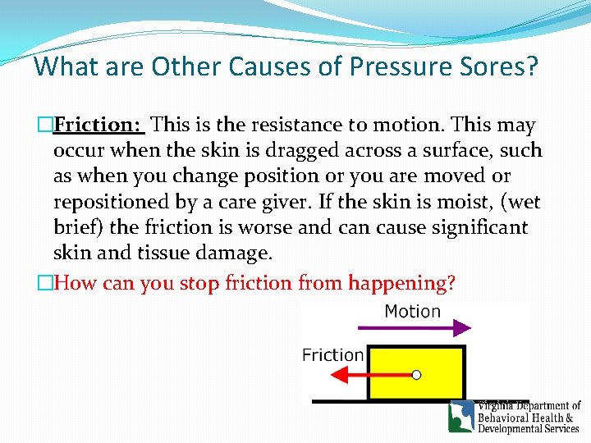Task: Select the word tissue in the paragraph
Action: pyautogui.click(x=151, y=253)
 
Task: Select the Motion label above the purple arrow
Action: pyautogui.click(x=412, y=312)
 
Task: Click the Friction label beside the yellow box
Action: pyautogui.click(x=332, y=355)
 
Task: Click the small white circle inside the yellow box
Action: pyautogui.click(x=416, y=375)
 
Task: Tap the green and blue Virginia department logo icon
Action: pyautogui.click(x=461, y=417)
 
